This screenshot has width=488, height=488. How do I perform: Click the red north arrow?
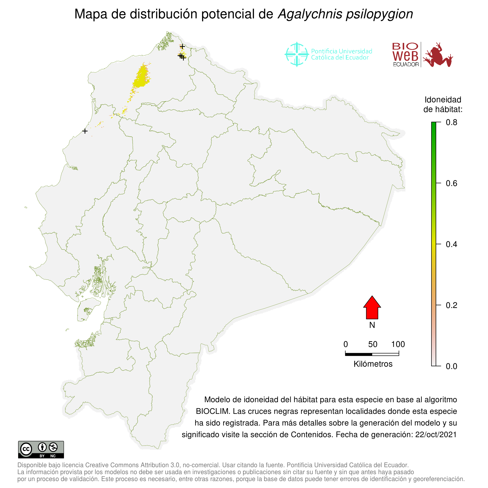(x=372, y=308)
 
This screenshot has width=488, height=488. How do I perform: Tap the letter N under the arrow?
(x=372, y=325)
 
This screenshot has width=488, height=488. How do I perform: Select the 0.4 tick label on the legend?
(x=451, y=244)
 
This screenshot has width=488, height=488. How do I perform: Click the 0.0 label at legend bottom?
(x=451, y=366)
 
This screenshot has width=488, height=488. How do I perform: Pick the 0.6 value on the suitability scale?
(x=451, y=183)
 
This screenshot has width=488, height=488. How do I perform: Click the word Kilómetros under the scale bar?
(x=373, y=364)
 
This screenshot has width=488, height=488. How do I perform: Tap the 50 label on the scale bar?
(x=372, y=344)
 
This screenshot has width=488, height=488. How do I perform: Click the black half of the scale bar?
(x=358, y=354)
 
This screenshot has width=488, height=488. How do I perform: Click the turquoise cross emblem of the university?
(x=297, y=54)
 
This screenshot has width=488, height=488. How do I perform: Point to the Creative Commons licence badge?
(x=41, y=450)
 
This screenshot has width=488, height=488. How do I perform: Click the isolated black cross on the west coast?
(x=85, y=131)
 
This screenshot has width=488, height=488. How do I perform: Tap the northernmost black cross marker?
(x=182, y=46)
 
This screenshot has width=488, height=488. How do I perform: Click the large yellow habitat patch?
(x=141, y=77)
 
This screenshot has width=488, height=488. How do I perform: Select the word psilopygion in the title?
(x=379, y=14)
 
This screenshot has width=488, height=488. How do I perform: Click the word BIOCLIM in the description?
(x=213, y=411)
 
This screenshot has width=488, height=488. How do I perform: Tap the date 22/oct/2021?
(x=436, y=434)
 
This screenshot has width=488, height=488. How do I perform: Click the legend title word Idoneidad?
(x=443, y=100)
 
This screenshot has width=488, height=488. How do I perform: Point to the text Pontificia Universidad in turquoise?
(x=341, y=51)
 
